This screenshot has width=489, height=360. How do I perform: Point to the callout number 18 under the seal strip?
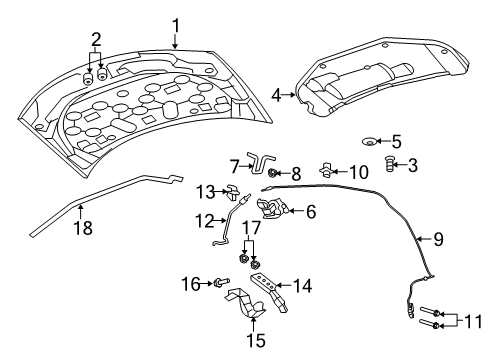83,228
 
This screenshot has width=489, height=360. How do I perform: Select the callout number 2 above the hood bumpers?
95,40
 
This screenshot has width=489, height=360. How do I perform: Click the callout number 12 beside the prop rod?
204,220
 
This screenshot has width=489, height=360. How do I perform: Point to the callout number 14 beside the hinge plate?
302,286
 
